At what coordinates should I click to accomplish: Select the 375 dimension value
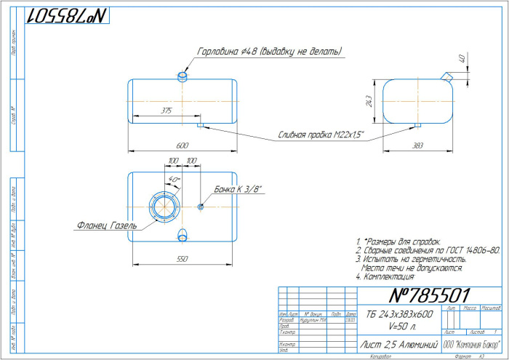(x=167, y=111)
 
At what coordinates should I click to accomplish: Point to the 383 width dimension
(x=417, y=146)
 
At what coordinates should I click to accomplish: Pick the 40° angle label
(x=174, y=179)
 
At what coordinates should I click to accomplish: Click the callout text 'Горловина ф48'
(x=269, y=52)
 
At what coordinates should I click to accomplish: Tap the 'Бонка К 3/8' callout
(x=238, y=189)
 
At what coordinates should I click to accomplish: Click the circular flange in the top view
(x=164, y=206)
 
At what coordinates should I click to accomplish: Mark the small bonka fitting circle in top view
(x=201, y=207)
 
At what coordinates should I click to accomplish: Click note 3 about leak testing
(x=410, y=259)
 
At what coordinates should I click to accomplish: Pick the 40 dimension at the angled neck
(x=461, y=59)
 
